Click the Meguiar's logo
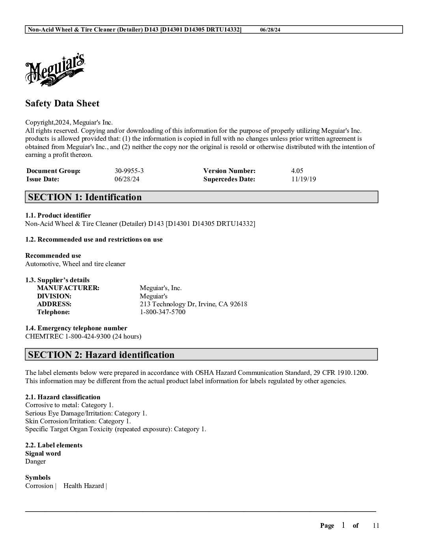[x=55, y=70]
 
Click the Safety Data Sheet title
[x=62, y=103]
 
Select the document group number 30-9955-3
[x=129, y=171]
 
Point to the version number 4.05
[x=297, y=171]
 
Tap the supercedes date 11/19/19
[x=303, y=179]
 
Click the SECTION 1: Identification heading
[x=85, y=197]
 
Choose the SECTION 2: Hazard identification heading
[x=101, y=355]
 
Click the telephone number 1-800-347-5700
[x=162, y=312]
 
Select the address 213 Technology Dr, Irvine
[x=193, y=304]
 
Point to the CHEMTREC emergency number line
[x=83, y=337]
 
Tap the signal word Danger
[x=35, y=462]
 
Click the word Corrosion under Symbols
[x=39, y=486]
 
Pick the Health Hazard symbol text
[x=84, y=486]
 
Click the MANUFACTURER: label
[x=68, y=288]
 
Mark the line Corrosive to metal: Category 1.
[x=69, y=405]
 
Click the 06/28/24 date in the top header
[x=270, y=30]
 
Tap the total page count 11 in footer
[x=376, y=525]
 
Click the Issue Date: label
[x=43, y=179]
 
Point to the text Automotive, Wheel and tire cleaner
[x=75, y=264]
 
